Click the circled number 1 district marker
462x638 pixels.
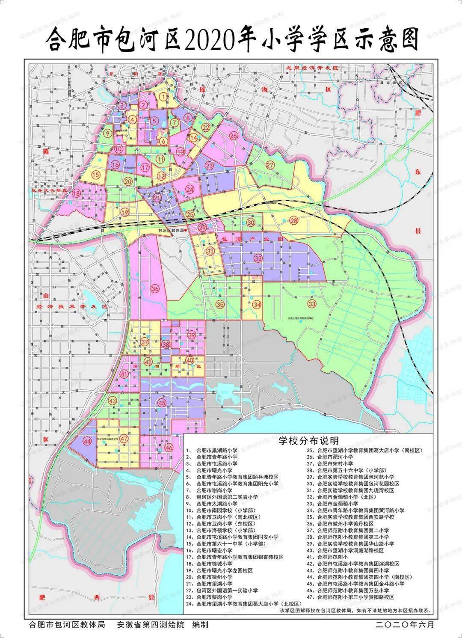[163, 97]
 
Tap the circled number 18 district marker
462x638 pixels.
[77, 193]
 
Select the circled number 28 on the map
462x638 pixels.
[294, 220]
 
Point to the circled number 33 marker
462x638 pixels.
[312, 303]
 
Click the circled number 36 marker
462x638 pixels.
[155, 288]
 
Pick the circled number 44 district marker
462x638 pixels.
[88, 442]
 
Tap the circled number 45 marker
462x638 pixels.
[162, 403]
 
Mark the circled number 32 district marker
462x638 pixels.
[258, 258]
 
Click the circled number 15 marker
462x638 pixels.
[95, 175]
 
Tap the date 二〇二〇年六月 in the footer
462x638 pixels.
[405, 625]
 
